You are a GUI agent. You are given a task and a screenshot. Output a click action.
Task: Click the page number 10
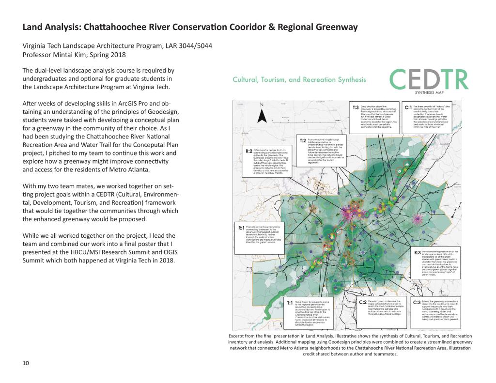[26, 364]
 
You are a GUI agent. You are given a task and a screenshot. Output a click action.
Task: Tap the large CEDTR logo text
[429, 80]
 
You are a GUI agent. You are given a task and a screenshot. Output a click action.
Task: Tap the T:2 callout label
[303, 140]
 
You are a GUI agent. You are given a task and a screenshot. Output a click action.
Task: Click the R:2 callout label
[249, 151]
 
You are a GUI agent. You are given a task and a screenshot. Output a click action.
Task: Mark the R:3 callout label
[418, 252]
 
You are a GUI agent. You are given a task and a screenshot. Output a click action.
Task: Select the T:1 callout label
[290, 303]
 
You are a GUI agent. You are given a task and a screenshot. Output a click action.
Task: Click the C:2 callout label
[364, 302]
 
